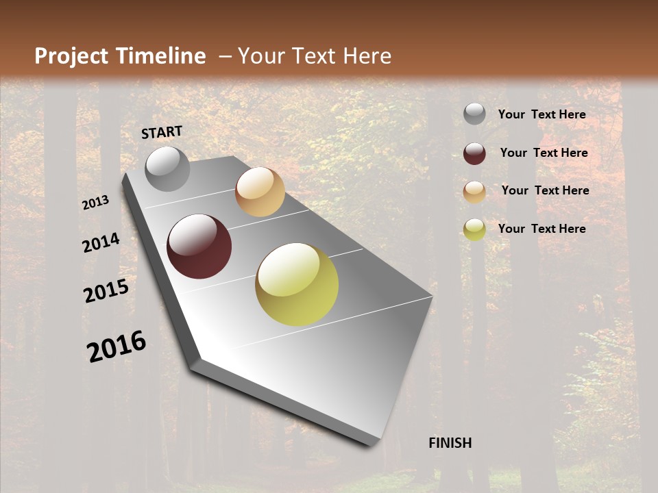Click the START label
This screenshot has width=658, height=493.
click(x=162, y=132)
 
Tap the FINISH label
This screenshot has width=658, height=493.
click(x=450, y=443)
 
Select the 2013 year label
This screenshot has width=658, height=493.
click(x=95, y=203)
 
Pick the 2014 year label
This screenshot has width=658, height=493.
click(x=101, y=243)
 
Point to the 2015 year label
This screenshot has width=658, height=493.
click(x=106, y=291)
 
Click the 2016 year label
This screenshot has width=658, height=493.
click(x=117, y=346)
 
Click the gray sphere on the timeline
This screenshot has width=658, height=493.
click(x=167, y=168)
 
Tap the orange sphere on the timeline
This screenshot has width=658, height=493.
click(x=260, y=192)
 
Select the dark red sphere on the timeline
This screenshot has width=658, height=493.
click(x=199, y=246)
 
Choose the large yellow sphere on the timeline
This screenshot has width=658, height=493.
click(x=297, y=284)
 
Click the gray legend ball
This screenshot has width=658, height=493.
click(x=474, y=114)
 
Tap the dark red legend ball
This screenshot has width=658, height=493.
click(x=474, y=153)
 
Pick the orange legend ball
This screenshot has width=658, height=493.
click(x=474, y=192)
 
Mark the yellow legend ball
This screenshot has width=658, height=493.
click(x=474, y=229)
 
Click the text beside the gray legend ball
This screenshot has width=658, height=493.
click(x=541, y=114)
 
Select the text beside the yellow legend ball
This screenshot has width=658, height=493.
click(x=541, y=229)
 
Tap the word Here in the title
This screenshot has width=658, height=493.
click(x=367, y=56)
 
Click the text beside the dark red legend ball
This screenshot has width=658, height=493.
click(x=544, y=153)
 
